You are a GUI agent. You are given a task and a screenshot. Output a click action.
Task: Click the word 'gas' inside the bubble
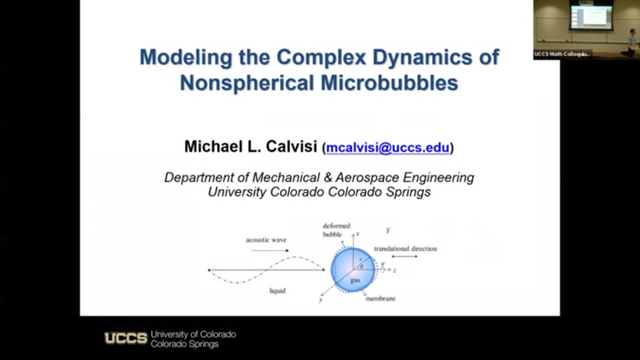[x=355, y=279]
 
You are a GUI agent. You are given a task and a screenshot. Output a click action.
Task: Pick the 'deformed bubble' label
[x=336, y=230]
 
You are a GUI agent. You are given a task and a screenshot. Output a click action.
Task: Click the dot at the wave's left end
[x=209, y=269]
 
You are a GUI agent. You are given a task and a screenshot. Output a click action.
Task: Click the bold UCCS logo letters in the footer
[x=125, y=339]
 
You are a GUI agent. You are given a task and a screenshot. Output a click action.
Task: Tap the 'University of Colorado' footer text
[x=194, y=334]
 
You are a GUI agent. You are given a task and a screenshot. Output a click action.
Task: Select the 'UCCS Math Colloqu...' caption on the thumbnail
[x=562, y=54]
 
